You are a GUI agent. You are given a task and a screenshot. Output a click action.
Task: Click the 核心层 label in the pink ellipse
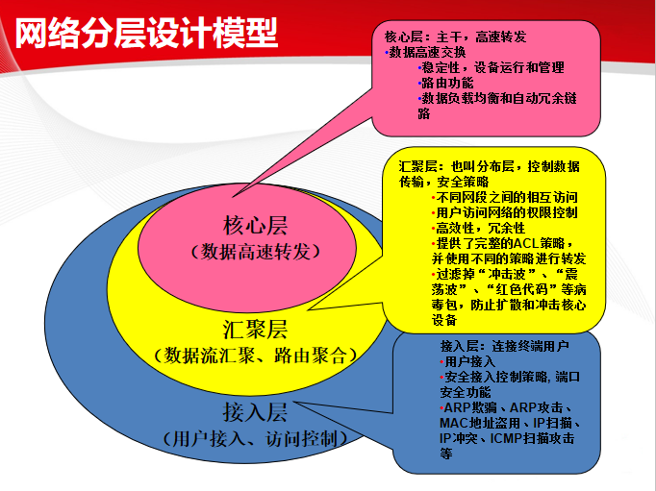click(x=255, y=226)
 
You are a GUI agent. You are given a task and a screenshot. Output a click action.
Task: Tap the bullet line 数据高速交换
click(x=428, y=52)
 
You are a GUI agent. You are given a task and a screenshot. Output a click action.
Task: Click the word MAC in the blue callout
click(x=454, y=422)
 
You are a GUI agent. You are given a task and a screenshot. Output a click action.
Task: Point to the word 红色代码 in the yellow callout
click(x=525, y=289)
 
